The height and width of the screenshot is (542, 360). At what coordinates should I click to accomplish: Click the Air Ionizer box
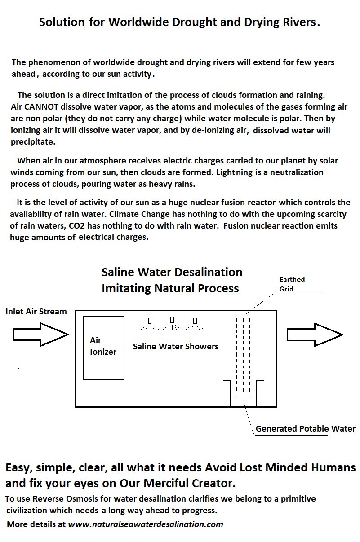coord(103,348)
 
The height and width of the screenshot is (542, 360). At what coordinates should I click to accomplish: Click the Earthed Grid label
coord(292,284)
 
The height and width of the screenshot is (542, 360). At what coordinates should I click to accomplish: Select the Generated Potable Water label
coord(306,429)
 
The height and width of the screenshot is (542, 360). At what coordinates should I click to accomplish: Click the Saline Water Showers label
coord(176,347)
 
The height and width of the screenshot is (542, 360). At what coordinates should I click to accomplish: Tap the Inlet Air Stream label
coord(36,312)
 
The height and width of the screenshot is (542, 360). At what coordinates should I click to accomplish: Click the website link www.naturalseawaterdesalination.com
coord(145,524)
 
